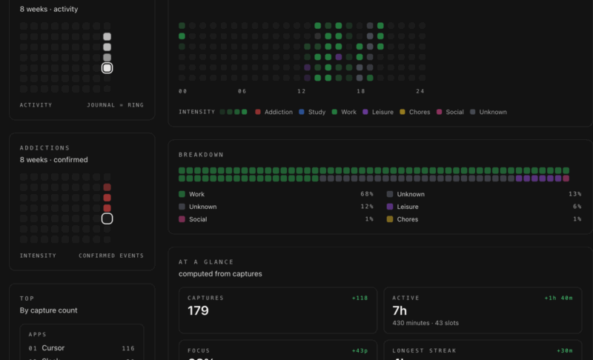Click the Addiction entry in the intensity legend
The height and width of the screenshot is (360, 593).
point(278,112)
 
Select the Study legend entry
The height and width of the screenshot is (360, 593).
point(317,112)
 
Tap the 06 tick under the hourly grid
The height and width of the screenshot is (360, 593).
point(242,91)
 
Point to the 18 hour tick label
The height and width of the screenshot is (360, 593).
point(361,91)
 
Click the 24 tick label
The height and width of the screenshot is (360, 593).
point(420,91)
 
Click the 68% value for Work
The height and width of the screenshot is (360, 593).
point(367,194)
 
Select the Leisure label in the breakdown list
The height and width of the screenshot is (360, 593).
point(407,207)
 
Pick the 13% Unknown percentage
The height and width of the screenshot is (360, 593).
point(574,194)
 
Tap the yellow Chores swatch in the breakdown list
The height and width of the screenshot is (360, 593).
point(390,219)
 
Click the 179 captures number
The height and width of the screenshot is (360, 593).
point(198,311)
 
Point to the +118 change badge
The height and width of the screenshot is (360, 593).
point(360,298)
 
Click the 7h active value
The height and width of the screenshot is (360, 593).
point(401,311)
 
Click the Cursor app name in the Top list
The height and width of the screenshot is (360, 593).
point(53,347)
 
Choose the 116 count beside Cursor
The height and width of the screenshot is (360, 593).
point(128,347)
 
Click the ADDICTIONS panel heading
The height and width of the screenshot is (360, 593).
point(44,147)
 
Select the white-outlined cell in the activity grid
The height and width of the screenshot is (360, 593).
point(107,68)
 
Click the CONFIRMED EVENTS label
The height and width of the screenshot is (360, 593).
point(111,256)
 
